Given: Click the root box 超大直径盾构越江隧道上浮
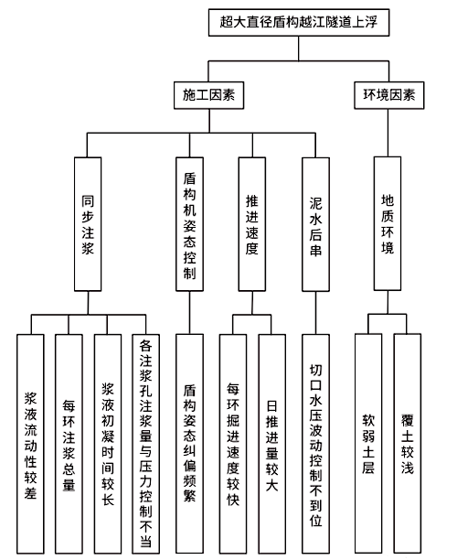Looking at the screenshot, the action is pyautogui.click(x=299, y=23).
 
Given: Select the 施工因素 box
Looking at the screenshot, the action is pyautogui.click(x=208, y=95).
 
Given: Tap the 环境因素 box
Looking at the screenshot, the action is pyautogui.click(x=388, y=95).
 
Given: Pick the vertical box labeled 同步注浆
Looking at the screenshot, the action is pyautogui.click(x=88, y=224).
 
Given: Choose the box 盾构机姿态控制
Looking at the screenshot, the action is pyautogui.click(x=189, y=224).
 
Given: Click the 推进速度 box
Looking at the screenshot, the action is pyautogui.click(x=252, y=224).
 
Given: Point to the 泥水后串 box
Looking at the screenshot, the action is pyautogui.click(x=315, y=224).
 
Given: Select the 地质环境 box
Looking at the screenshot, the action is pyautogui.click(x=388, y=223).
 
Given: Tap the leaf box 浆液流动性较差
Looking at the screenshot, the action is pyautogui.click(x=30, y=444).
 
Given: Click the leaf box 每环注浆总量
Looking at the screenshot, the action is pyautogui.click(x=69, y=444).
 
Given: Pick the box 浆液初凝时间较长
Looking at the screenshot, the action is pyautogui.click(x=107, y=444).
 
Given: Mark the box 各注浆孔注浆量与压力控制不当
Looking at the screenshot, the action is pyautogui.click(x=145, y=444).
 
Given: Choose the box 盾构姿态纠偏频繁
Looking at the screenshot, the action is pyautogui.click(x=189, y=444).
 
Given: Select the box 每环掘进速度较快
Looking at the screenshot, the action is pyautogui.click(x=233, y=444).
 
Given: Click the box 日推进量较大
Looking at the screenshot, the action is pyautogui.click(x=271, y=444).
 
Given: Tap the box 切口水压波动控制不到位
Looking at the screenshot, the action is pyautogui.click(x=315, y=444).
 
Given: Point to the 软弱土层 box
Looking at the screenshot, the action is pyautogui.click(x=368, y=443).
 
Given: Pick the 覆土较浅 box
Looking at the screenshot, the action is pyautogui.click(x=408, y=443).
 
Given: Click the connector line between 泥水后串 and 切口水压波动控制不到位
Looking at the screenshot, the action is pyautogui.click(x=315, y=313).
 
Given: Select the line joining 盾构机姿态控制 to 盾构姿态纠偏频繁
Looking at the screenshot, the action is pyautogui.click(x=189, y=313).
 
